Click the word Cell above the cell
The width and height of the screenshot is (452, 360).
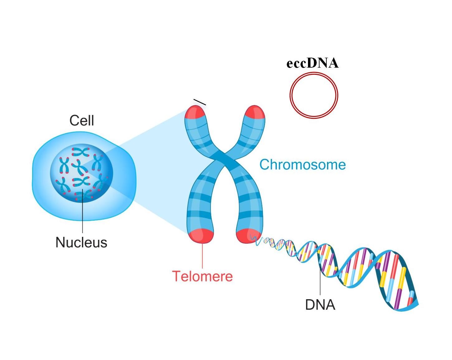82,121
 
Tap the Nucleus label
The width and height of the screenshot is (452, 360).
81,242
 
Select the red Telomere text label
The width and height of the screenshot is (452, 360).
202,276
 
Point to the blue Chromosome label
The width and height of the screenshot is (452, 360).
303,165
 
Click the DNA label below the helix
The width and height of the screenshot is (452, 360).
320,305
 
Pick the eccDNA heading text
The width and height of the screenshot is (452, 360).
312,63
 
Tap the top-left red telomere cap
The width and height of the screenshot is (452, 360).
195,113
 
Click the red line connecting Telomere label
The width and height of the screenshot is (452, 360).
203,256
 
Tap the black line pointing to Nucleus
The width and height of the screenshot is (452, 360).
82,215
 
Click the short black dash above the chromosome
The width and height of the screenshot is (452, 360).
200,102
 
